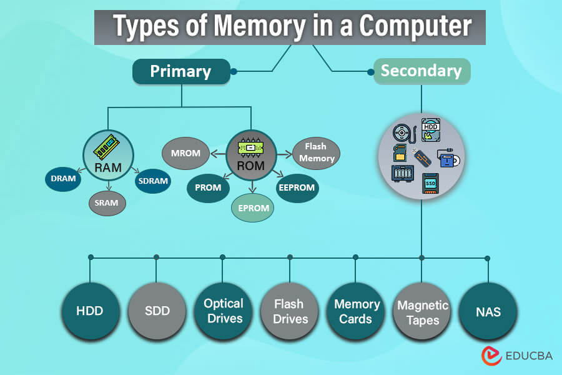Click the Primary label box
click(180, 71)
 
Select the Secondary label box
click(421, 71)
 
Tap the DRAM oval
click(63, 179)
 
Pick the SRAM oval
click(107, 202)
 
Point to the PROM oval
click(209, 186)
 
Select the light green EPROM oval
click(252, 208)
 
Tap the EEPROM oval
click(297, 187)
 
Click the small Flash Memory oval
click(316, 152)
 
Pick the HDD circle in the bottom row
click(90, 311)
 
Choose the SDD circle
click(156, 311)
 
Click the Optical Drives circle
click(223, 311)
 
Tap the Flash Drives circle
click(290, 311)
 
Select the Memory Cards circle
click(357, 311)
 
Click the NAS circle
click(488, 311)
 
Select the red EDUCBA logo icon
click(491, 356)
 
